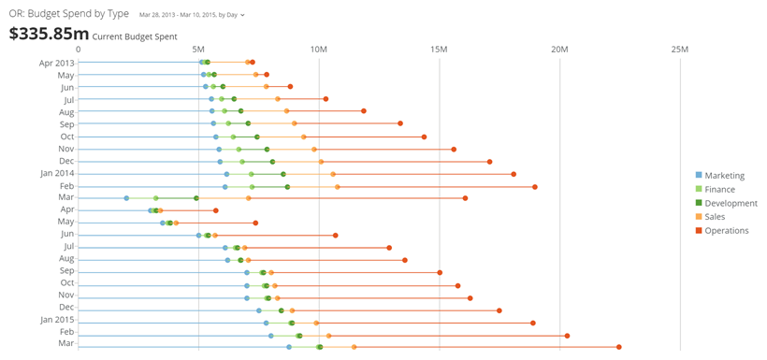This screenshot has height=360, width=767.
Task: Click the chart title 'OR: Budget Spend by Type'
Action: pos(69,15)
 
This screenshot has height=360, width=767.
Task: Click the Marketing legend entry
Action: pos(724,175)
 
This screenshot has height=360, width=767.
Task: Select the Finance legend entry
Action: pos(719,189)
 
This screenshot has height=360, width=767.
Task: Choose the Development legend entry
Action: pos(730,203)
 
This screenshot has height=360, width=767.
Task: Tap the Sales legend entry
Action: pos(715,217)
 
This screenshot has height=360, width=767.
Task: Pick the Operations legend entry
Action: pos(726,231)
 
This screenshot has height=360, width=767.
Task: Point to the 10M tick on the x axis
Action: pos(318,49)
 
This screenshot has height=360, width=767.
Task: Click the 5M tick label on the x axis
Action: pos(198,49)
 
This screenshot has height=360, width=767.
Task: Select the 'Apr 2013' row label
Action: pos(56,63)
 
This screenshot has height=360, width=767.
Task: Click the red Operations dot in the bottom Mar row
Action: pos(619,347)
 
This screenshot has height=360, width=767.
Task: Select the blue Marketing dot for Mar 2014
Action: pos(126,198)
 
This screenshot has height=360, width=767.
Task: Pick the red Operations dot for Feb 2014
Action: pos(535,186)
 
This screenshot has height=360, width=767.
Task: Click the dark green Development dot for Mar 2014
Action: pos(196,198)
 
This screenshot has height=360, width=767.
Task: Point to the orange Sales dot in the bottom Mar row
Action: pos(354,347)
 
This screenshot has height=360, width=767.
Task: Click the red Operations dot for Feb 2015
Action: pos(567,335)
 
